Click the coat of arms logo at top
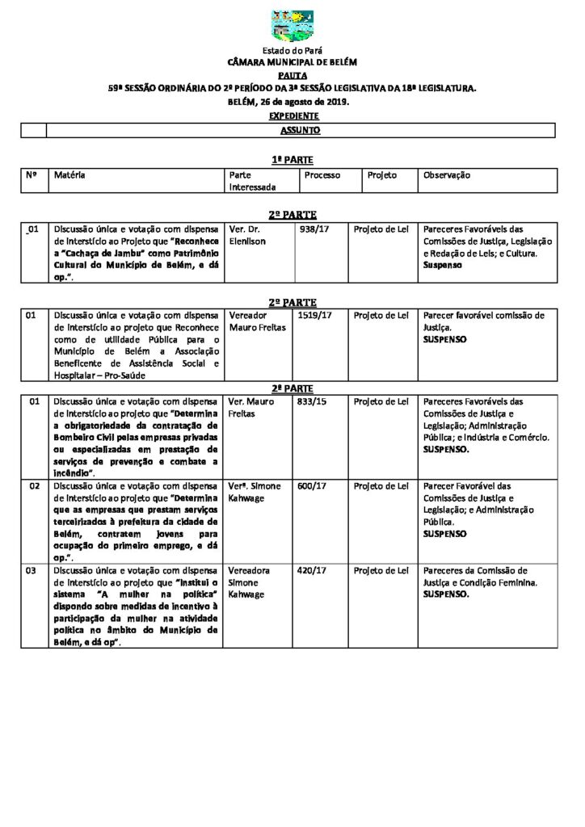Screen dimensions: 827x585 tap(292, 26)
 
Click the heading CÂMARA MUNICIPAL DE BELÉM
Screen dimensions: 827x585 tap(292, 61)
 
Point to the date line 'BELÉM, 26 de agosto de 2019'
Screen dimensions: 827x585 tap(292, 103)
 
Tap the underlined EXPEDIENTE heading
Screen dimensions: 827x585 tap(292, 116)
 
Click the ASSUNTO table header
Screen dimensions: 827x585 tap(300, 130)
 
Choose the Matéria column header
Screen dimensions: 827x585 tap(69, 175)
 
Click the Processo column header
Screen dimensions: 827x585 tap(322, 175)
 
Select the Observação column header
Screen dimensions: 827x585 tap(446, 175)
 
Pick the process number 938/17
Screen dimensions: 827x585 tap(313, 229)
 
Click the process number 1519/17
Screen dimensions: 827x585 tap(314, 316)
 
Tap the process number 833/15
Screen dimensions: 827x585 tap(312, 401)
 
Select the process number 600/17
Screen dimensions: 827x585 tap(312, 486)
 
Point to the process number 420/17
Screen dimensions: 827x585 tap(312, 570)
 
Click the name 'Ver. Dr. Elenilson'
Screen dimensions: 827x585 tap(247, 235)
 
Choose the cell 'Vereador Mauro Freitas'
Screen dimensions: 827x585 tap(258, 321)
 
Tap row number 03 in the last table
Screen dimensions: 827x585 tap(33, 570)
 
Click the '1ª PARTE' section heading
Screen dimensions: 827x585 tap(292, 160)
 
